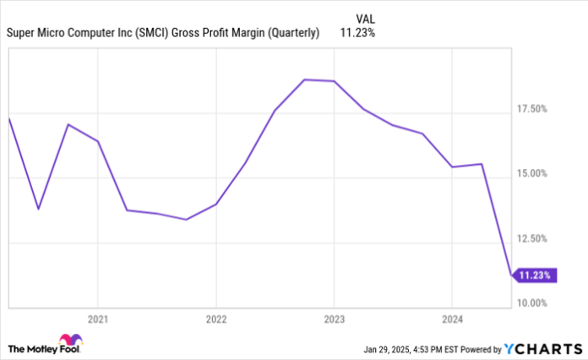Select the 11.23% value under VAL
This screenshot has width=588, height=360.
(x=357, y=34)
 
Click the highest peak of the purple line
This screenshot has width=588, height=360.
(x=304, y=79)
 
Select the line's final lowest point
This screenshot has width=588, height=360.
(x=510, y=275)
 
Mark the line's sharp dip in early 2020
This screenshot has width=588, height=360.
(x=38, y=209)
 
